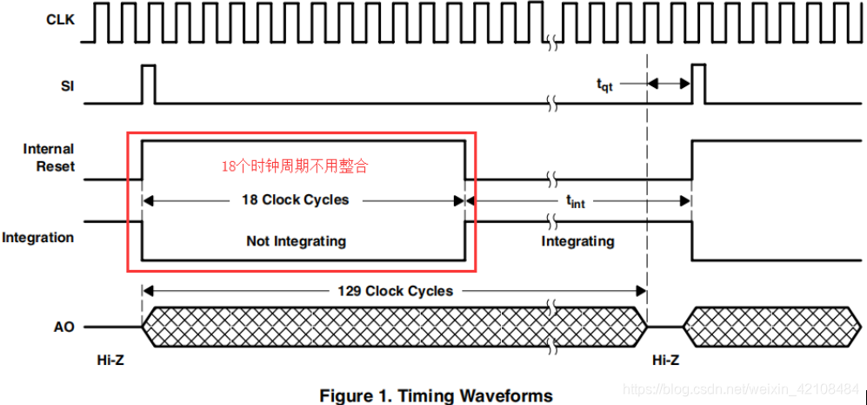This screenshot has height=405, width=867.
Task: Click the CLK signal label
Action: [x=59, y=18]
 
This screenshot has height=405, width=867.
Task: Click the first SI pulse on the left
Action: [x=148, y=84]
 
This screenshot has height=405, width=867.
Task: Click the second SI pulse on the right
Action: [x=698, y=84]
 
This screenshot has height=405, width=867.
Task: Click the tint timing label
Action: [x=576, y=201]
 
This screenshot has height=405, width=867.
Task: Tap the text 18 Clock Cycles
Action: [x=295, y=199]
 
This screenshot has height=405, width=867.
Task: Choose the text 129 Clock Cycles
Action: [x=395, y=290]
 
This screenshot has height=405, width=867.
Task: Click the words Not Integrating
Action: [x=296, y=241]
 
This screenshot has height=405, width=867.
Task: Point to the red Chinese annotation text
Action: [x=294, y=166]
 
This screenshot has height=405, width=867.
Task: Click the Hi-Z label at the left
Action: [x=111, y=360]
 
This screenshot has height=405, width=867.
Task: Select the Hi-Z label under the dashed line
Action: [x=666, y=360]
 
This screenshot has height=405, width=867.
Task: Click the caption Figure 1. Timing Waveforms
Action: [x=436, y=395]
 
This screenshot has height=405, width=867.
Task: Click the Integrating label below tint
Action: [x=577, y=241]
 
